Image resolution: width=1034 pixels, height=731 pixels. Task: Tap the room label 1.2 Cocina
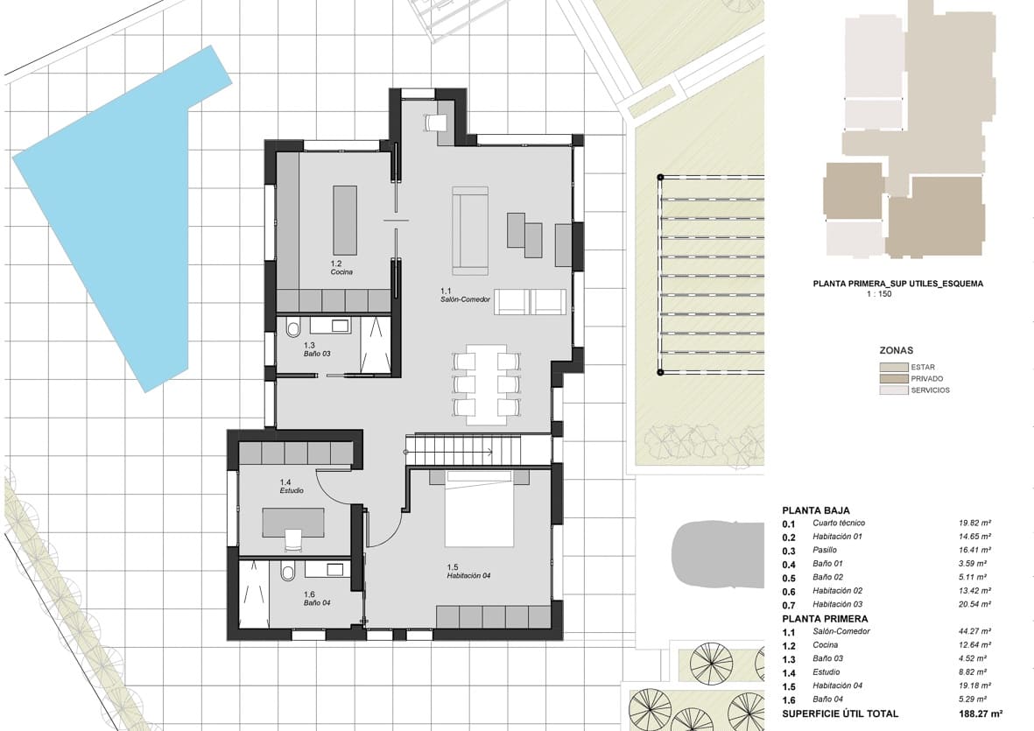[x=341, y=268]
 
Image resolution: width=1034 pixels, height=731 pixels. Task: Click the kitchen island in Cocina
[x=345, y=220]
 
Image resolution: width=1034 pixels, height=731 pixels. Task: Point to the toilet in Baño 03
[x=292, y=329]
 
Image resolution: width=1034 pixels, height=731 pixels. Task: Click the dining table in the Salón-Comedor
[x=485, y=384]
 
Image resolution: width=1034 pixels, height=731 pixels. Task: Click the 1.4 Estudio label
[x=292, y=487]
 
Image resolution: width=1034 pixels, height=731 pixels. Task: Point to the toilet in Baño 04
[x=287, y=573]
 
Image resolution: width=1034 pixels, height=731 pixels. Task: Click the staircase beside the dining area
[x=455, y=450]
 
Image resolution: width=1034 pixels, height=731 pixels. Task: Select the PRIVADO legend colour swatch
[x=893, y=379]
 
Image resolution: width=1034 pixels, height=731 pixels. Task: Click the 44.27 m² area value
[x=974, y=631]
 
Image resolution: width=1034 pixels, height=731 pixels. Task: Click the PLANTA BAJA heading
[x=815, y=510]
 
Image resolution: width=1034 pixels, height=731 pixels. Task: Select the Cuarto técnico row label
[x=839, y=524]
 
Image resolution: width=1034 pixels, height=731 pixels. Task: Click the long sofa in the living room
[x=470, y=230]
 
